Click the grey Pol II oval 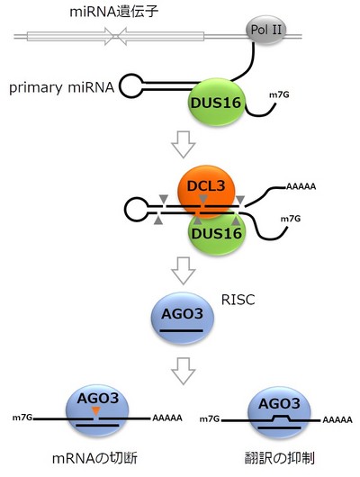266,30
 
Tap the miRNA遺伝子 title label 114,13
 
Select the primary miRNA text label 61,88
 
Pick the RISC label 238,300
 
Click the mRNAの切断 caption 94,458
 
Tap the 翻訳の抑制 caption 279,458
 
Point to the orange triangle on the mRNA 96,410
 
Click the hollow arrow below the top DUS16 184,145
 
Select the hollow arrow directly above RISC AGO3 184,271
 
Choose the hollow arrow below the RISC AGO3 184,371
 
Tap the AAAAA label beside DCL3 301,186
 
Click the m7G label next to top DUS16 279,94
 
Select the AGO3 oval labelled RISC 183,319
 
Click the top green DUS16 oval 216,103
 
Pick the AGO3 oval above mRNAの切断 97,413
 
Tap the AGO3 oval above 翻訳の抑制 279,413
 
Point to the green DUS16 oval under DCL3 217,234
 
